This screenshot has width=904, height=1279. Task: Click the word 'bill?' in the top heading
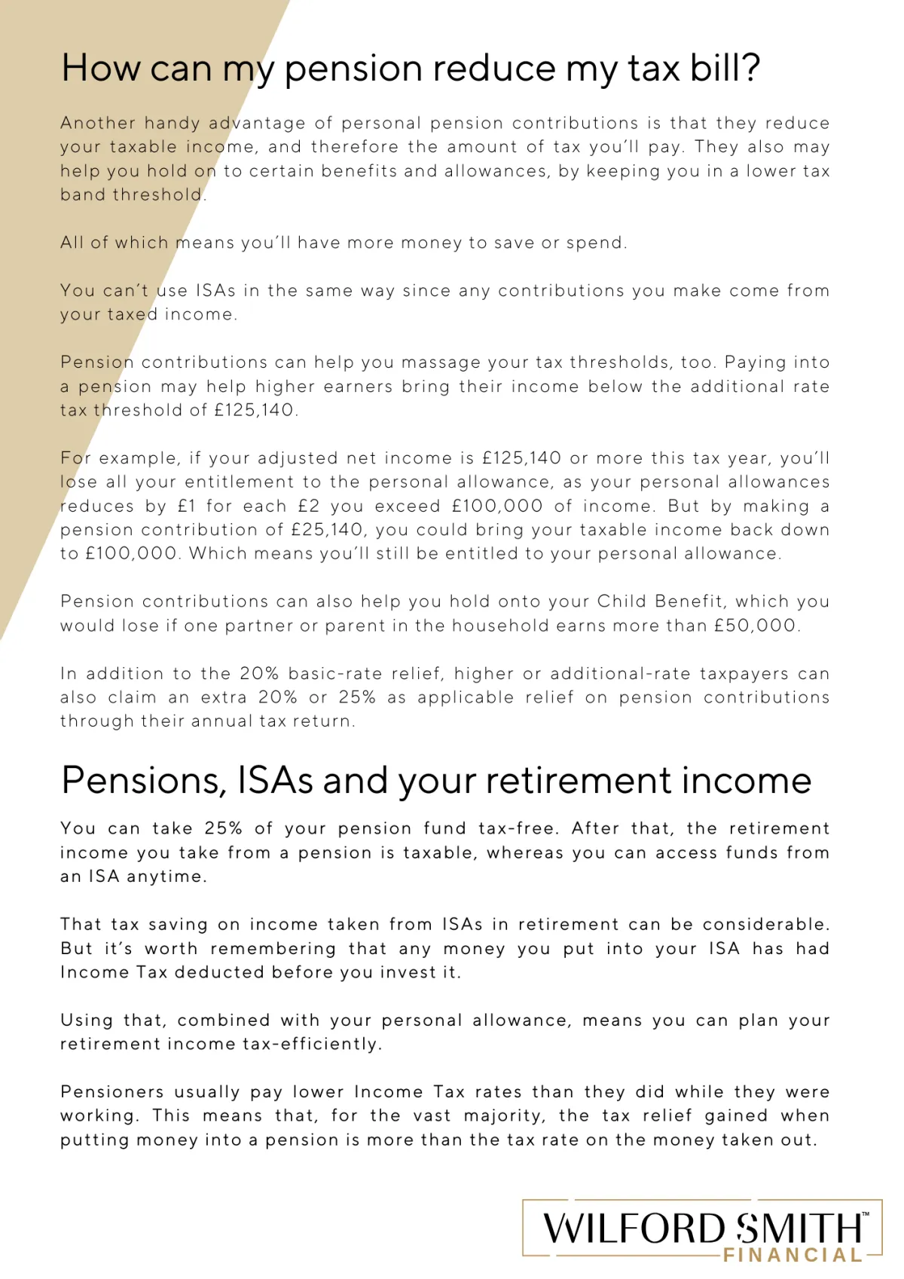click(x=724, y=69)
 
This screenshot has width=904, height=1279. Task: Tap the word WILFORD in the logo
click(x=633, y=1229)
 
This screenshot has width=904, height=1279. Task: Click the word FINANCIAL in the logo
click(x=793, y=1255)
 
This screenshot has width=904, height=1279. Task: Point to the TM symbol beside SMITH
click(x=866, y=1214)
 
